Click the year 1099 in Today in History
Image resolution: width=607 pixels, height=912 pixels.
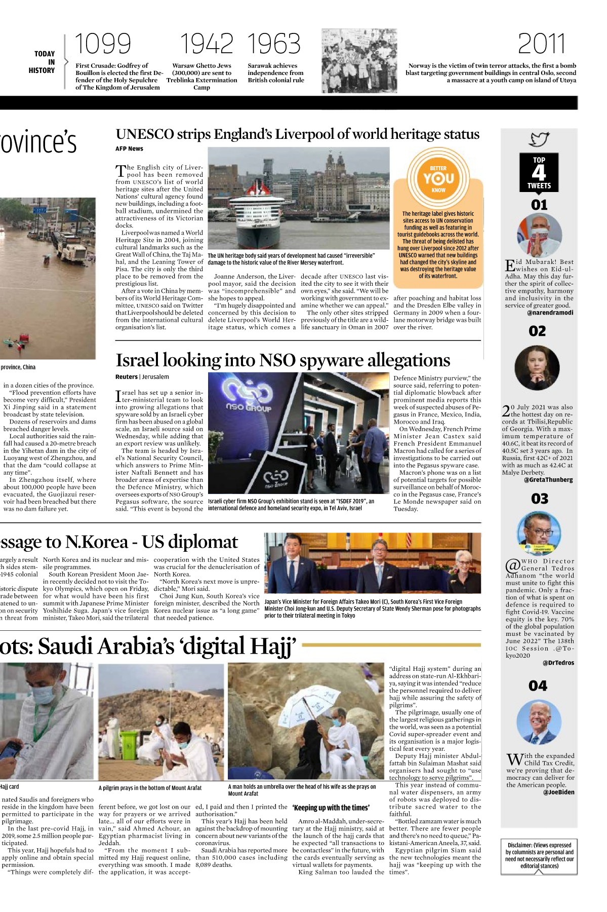click(103, 44)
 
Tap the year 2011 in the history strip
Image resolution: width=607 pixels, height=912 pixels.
click(541, 44)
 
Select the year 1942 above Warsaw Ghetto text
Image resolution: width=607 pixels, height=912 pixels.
click(207, 44)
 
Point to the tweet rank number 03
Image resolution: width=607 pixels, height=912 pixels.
click(539, 499)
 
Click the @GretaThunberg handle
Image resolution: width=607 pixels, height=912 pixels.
click(548, 480)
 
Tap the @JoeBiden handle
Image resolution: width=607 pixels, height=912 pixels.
click(558, 792)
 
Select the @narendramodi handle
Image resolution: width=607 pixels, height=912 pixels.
click(550, 313)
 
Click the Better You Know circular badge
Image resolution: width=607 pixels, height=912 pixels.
click(438, 177)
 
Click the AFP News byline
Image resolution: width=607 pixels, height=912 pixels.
click(129, 149)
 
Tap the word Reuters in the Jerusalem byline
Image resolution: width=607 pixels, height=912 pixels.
click(127, 377)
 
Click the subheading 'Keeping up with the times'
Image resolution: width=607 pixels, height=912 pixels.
click(331, 808)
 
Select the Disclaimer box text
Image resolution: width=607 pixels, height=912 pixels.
click(539, 856)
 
